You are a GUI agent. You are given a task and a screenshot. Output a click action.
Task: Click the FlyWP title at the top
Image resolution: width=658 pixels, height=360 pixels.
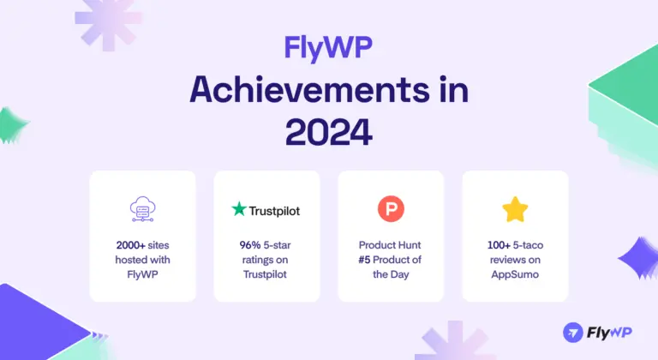pos(329,47)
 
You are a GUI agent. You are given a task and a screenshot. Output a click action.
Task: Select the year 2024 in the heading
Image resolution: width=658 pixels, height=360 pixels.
pos(329,131)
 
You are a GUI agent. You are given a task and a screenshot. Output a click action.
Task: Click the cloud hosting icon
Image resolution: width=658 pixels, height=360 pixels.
pos(142,208)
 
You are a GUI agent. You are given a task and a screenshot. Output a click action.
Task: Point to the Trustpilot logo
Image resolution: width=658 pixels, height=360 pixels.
pos(266,209)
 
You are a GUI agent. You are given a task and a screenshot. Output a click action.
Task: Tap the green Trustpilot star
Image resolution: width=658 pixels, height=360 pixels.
pos(239,208)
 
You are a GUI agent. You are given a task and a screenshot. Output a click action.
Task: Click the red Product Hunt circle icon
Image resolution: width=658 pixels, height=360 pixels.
pos(390,208)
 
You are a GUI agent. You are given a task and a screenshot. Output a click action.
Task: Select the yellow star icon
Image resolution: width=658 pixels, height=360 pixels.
pos(514,208)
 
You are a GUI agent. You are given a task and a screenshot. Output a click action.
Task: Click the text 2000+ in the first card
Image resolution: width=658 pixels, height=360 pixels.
pos(125,244)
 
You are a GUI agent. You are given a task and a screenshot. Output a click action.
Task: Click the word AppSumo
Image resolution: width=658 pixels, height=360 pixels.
pos(514,275)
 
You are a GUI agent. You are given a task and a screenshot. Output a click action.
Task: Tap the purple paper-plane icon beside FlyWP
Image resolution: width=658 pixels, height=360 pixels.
pos(573,332)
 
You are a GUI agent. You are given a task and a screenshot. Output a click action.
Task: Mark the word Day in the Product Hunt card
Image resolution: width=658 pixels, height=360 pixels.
pos(405,275)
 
